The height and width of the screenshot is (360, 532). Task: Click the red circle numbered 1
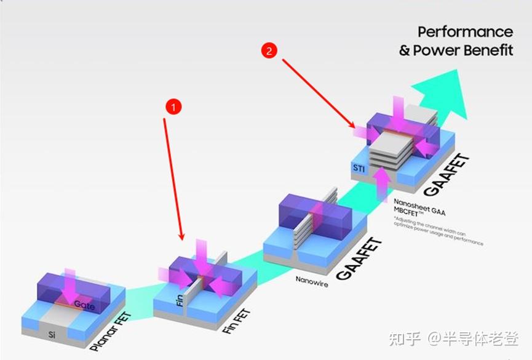[174, 106]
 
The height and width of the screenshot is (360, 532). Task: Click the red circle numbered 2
[268, 50]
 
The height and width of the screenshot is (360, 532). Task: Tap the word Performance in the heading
[465, 31]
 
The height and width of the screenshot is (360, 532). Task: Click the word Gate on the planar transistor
[84, 305]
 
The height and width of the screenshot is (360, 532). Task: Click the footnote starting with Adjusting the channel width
[438, 231]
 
